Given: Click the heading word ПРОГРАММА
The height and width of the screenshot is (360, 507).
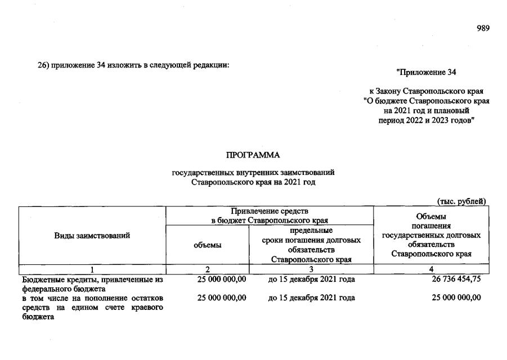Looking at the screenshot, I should point(253,155).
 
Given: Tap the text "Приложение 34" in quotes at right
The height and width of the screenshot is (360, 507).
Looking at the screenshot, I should point(426,72).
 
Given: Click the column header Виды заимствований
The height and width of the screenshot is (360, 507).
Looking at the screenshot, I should point(92,236).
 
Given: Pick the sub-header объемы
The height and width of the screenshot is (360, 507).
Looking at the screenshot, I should point(207,245).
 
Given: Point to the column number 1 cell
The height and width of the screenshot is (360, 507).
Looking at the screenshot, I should point(92,269).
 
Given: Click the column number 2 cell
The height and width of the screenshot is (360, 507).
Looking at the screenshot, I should point(207,269).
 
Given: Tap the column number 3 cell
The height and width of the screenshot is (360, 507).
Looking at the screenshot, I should point(311,269).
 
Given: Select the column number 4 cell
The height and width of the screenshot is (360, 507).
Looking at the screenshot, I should point(431,269).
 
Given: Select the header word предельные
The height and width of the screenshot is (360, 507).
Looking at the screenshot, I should point(311,231).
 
